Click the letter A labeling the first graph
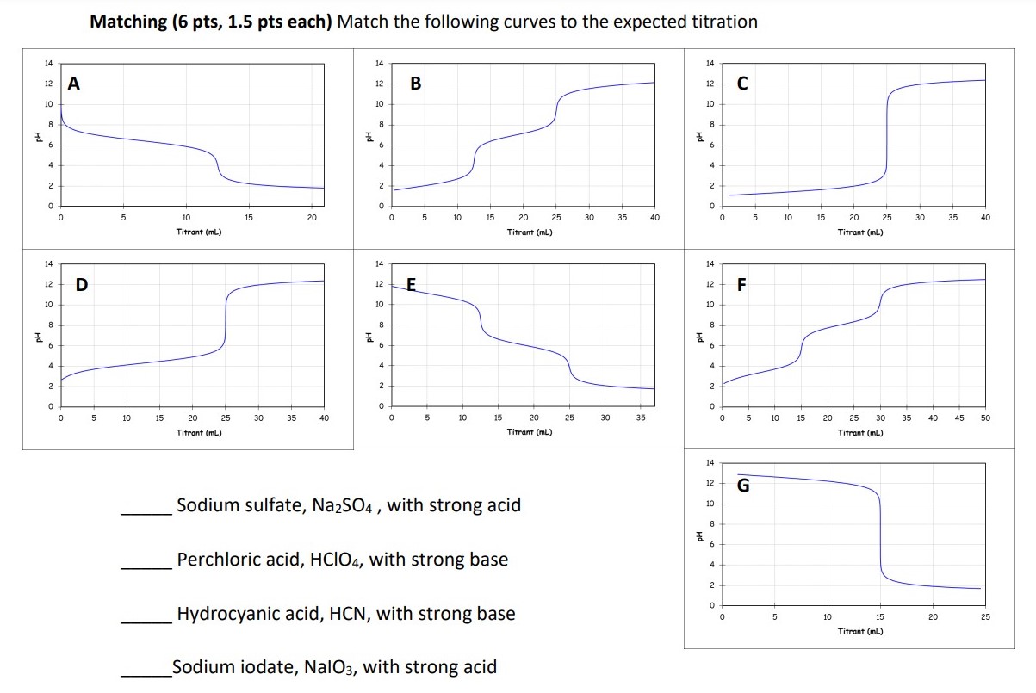click(x=74, y=84)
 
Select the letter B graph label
click(x=416, y=84)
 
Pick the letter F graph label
click(x=741, y=284)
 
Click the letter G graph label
click(x=743, y=486)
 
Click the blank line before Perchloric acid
click(x=146, y=567)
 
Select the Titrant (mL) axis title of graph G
click(x=860, y=632)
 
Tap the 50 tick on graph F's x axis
click(x=985, y=418)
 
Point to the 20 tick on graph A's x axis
click(x=311, y=218)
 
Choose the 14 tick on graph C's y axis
click(x=710, y=64)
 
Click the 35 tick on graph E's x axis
click(x=641, y=418)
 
